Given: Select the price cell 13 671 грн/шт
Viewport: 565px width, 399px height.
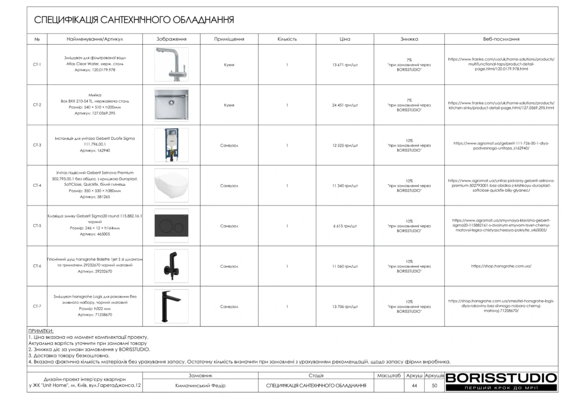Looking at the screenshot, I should tap(345, 64).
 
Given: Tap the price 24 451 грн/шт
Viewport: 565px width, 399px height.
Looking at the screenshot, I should tap(345, 105).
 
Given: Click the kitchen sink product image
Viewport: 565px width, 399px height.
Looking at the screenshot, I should tap(171, 105).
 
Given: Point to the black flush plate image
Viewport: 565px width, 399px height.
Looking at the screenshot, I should tap(171, 225).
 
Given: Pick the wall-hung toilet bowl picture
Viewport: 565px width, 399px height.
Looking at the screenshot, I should tap(171, 185).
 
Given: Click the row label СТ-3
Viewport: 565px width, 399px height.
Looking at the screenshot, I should tap(37, 145).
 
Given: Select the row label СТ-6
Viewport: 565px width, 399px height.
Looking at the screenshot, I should tap(37, 266).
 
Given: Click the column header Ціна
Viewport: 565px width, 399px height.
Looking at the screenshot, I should tap(345, 40).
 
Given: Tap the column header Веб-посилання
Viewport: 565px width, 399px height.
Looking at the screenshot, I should tap(501, 40).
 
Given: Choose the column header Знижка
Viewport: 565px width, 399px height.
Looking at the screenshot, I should tap(409, 40).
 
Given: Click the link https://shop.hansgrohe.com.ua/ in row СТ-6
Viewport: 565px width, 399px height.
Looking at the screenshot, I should tap(501, 266).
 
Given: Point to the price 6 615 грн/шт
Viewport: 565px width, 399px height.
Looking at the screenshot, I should tap(345, 226).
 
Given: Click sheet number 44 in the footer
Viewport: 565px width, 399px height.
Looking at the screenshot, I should tap(414, 385).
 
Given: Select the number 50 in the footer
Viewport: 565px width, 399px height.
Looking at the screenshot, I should tap(434, 385).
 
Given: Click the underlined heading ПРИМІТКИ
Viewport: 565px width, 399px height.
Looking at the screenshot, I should tap(40, 331).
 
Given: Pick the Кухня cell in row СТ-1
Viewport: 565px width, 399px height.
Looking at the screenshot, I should tap(229, 64).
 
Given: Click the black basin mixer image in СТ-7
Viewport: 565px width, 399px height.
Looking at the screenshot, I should tap(171, 306).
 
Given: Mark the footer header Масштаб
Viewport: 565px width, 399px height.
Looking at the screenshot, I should tap(389, 375).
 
